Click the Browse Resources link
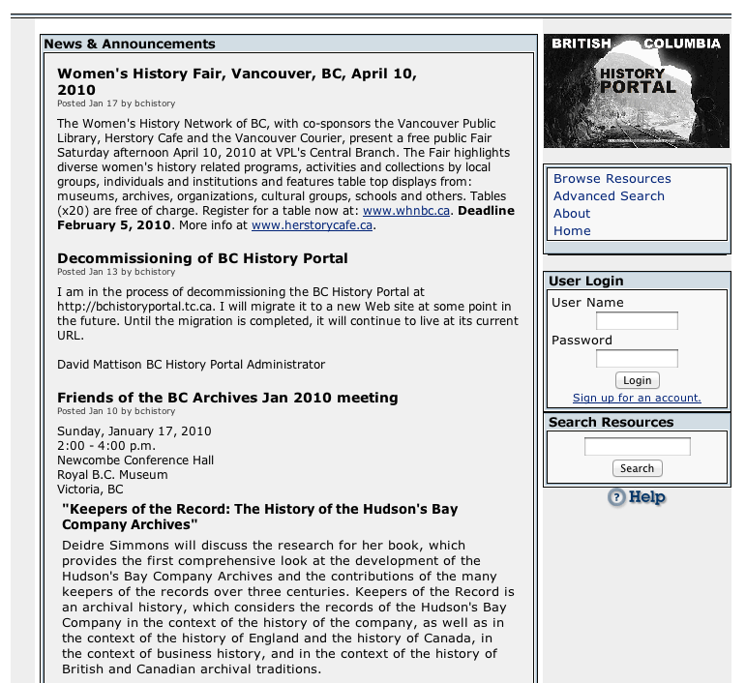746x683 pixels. click(x=612, y=179)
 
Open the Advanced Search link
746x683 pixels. click(x=609, y=196)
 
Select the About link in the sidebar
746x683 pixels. click(x=572, y=214)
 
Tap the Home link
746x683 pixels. click(x=572, y=231)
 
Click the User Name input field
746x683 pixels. click(x=637, y=321)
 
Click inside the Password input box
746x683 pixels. click(x=637, y=359)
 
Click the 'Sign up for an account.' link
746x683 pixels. click(x=637, y=399)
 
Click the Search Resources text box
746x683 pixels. click(x=637, y=447)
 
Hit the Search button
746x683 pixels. click(x=637, y=468)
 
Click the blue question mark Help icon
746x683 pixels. click(x=616, y=498)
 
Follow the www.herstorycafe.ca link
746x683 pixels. click(x=312, y=225)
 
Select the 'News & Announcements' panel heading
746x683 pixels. click(x=130, y=45)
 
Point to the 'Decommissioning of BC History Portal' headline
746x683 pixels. click(x=202, y=258)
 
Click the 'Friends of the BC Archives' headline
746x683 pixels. click(x=227, y=398)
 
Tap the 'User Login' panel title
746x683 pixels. click(x=586, y=282)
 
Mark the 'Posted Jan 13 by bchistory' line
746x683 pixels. click(x=116, y=273)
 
